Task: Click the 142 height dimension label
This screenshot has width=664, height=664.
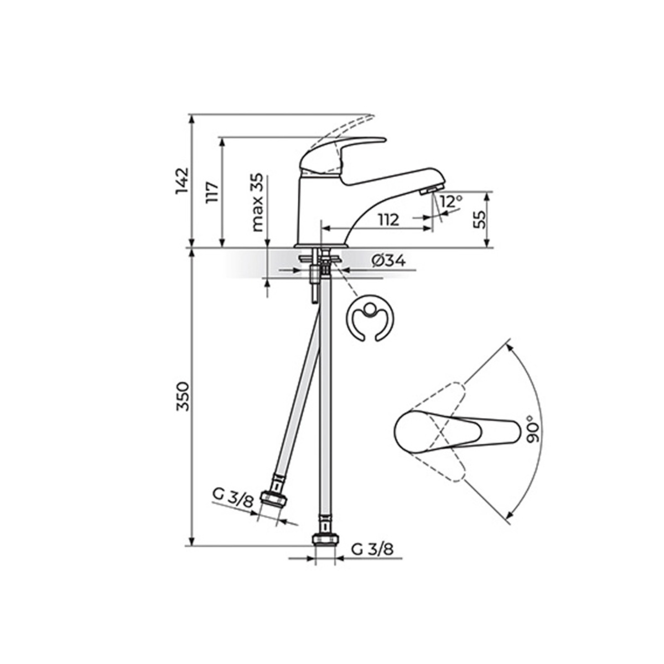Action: (x=182, y=181)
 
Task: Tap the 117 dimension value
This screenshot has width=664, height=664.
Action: (x=212, y=193)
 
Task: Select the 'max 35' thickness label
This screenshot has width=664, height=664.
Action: (x=257, y=203)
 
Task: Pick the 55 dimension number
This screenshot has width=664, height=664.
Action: (x=479, y=220)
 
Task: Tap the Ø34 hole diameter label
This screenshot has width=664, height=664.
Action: (x=388, y=261)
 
